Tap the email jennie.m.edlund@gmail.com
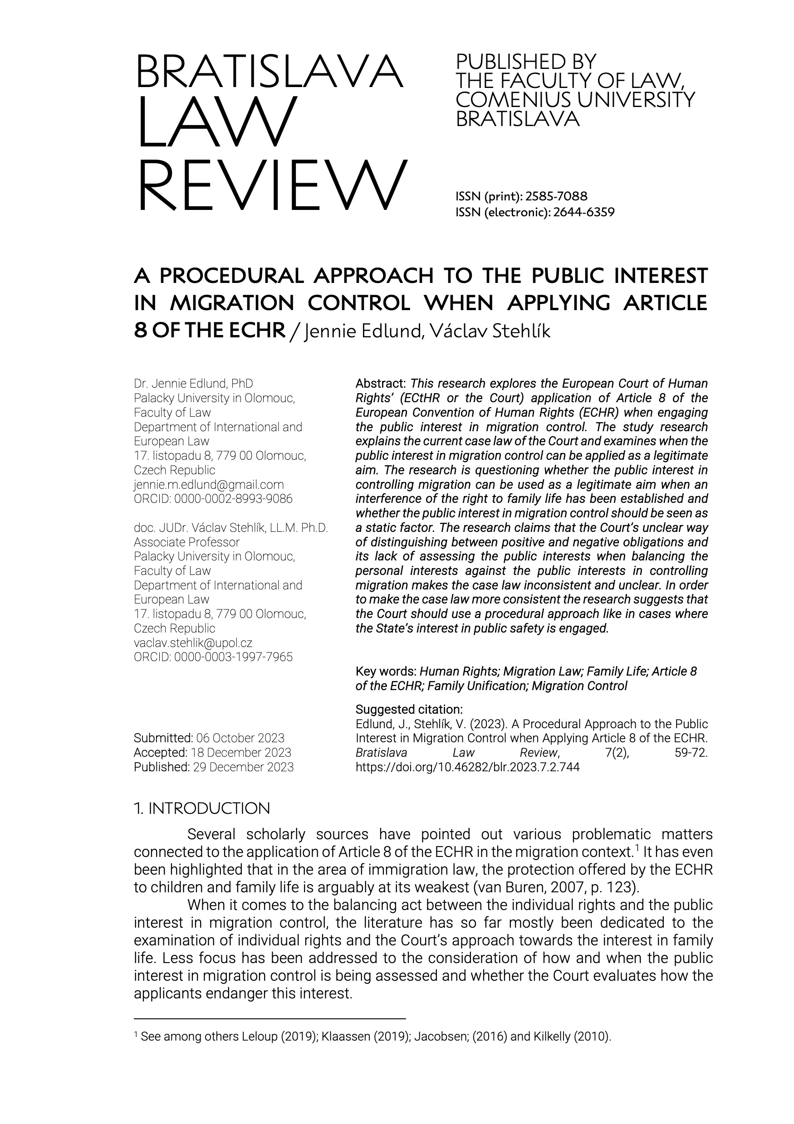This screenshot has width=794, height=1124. pyautogui.click(x=209, y=484)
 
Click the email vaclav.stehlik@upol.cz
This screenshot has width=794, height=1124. pyautogui.click(x=193, y=642)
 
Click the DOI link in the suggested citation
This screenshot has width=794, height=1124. pyautogui.click(x=467, y=767)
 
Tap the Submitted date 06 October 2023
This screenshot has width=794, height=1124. pyautogui.click(x=240, y=738)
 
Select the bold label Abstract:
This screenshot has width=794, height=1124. pyautogui.click(x=381, y=383)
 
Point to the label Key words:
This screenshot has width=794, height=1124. pyautogui.click(x=386, y=671)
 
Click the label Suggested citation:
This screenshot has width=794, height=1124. pyautogui.click(x=409, y=709)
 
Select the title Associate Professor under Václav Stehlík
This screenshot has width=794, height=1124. pyautogui.click(x=186, y=542)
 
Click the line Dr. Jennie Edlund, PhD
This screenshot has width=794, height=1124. pyautogui.click(x=193, y=383)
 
